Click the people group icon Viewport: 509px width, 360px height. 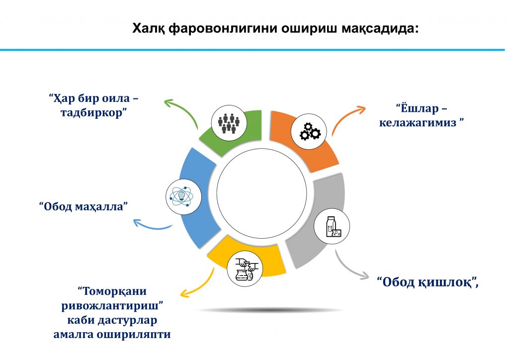pyautogui.click(x=229, y=123)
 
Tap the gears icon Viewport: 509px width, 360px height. pyautogui.click(x=309, y=131)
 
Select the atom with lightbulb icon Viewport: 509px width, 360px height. pyautogui.click(x=183, y=196)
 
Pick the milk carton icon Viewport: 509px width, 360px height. pyautogui.click(x=333, y=226)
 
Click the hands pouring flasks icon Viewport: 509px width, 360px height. pyautogui.click(x=247, y=269)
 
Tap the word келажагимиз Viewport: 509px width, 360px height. pyautogui.click(x=418, y=123)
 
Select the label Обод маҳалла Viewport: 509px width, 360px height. pyautogui.click(x=84, y=206)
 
